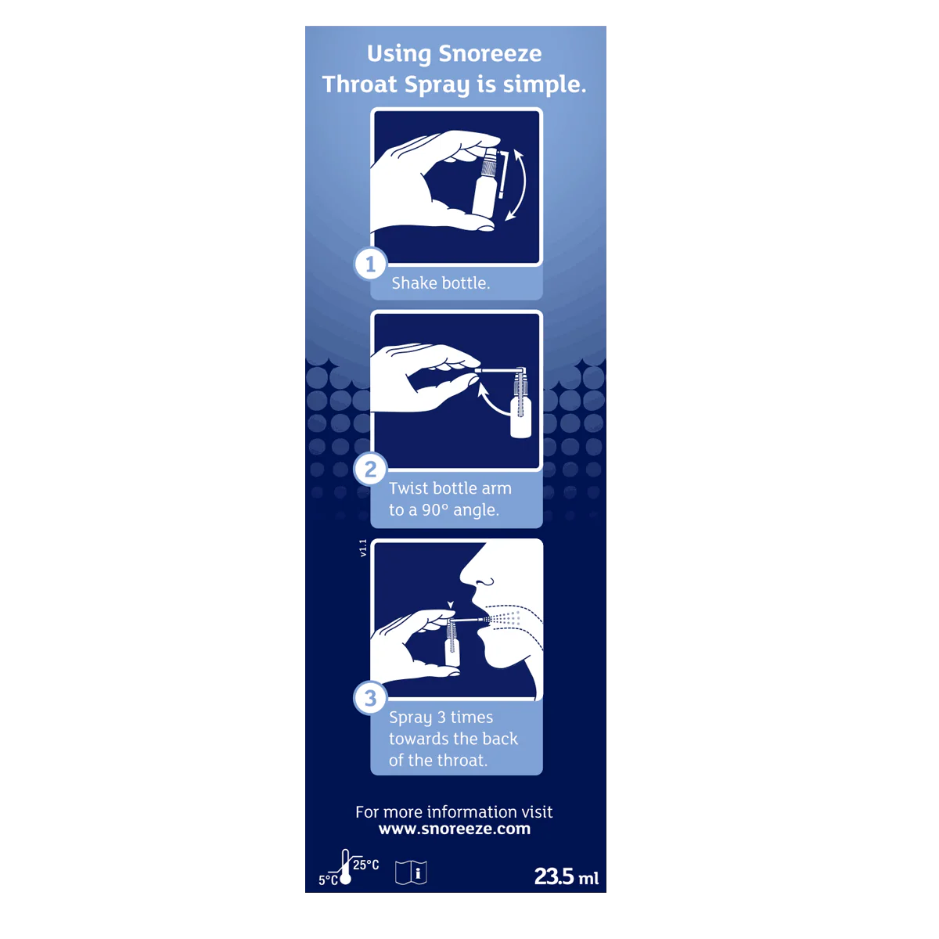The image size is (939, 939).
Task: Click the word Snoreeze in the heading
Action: tap(490, 54)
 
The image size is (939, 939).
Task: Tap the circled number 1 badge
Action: tap(371, 264)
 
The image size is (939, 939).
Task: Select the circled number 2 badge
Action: tap(371, 469)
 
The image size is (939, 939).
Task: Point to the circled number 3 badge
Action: tap(371, 698)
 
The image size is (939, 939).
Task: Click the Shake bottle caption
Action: tap(441, 283)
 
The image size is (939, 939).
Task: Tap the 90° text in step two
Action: tap(435, 510)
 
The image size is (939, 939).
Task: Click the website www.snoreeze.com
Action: tap(455, 829)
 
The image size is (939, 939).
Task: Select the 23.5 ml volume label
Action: tap(566, 877)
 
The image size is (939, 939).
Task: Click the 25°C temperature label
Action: tap(365, 865)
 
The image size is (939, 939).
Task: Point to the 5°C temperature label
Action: tap(327, 880)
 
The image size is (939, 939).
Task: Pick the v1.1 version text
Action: tap(363, 548)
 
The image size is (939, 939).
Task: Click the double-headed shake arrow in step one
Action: tap(518, 185)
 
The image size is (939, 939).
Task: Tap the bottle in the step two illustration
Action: tap(520, 411)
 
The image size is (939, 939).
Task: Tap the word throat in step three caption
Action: tap(462, 761)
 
